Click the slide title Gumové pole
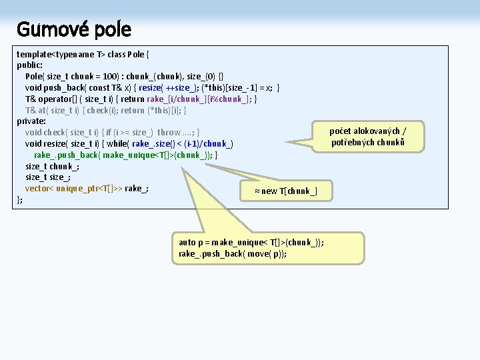pos(73,29)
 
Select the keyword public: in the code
pos(30,65)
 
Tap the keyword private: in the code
pos(31,121)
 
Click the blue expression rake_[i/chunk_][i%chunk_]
pos(204,99)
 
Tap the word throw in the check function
pos(169,132)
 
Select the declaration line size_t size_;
pos(48,177)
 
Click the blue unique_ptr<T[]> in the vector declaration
pos(87,189)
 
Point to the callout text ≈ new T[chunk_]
pos(286,191)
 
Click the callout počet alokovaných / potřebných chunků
pos(368,137)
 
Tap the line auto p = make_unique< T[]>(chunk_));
pos(251,243)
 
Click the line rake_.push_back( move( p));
pos(233,254)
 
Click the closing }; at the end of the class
pos(20,199)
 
